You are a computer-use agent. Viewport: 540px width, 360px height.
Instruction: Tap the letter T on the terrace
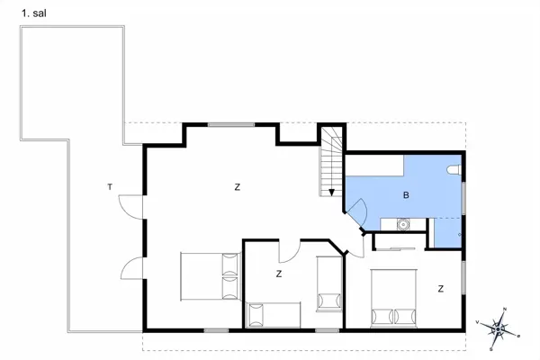coord(110,187)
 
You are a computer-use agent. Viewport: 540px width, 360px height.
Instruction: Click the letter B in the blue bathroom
coord(406,194)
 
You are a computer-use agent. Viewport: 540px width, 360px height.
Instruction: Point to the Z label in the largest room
coord(238,187)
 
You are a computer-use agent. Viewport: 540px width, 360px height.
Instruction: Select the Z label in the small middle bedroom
coord(279,274)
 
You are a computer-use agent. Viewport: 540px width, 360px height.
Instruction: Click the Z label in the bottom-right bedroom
coord(441,289)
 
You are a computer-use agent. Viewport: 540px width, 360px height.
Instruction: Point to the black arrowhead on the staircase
coord(332,191)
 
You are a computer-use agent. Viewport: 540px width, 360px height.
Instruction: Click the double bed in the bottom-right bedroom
coord(393,297)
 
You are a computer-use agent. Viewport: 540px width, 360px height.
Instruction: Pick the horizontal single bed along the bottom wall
coord(273,315)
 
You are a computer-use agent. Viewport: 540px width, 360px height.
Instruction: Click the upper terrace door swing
coord(131,206)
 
